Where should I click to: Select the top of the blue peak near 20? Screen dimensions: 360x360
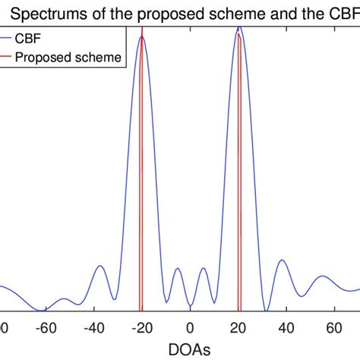point(240,27)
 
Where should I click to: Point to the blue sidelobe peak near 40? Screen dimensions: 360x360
point(283,261)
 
